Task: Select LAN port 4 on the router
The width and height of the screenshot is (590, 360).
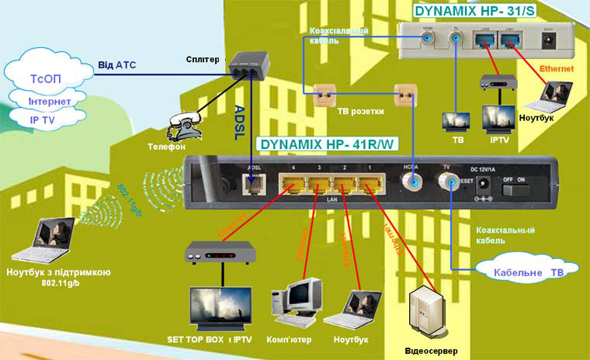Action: (293, 185)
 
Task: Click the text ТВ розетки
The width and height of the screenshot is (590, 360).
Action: (361, 112)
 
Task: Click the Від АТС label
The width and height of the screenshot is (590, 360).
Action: (116, 65)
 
